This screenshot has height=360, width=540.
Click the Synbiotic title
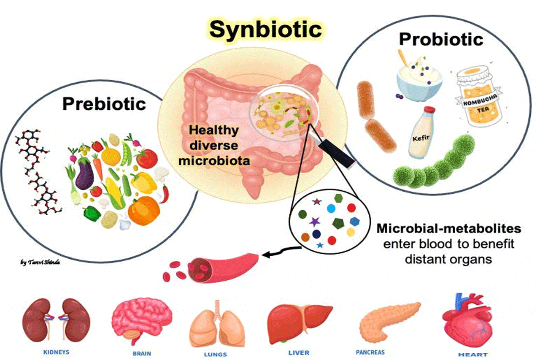click(x=265, y=30)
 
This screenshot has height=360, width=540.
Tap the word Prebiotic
click(x=104, y=104)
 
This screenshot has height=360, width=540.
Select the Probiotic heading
click(x=441, y=39)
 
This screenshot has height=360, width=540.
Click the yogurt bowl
click(x=419, y=80)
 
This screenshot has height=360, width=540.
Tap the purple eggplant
click(x=84, y=173)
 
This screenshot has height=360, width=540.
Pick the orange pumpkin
click(x=144, y=210)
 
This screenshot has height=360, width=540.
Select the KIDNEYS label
click(x=56, y=352)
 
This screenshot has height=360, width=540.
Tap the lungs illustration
click(x=217, y=324)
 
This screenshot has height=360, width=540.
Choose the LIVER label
click(x=299, y=353)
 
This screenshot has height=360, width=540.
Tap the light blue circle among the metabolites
click(x=331, y=208)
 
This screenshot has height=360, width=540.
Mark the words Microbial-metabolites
click(x=449, y=229)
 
